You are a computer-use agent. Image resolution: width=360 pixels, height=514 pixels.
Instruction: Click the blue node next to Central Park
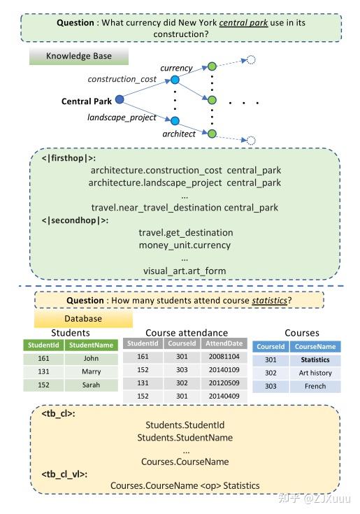click(120, 100)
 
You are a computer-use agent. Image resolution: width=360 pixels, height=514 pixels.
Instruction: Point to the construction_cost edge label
click(122, 79)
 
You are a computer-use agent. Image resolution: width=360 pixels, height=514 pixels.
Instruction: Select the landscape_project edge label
click(121, 117)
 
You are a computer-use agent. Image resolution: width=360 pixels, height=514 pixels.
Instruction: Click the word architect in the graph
click(179, 134)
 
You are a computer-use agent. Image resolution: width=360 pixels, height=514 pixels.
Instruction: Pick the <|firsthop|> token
click(70, 158)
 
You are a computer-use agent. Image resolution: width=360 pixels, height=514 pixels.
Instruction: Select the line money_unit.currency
click(185, 245)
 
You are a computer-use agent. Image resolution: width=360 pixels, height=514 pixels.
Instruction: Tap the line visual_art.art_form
click(185, 271)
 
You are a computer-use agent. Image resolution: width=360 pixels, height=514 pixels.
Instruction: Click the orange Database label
click(83, 319)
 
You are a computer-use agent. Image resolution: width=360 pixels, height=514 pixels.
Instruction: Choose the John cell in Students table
click(91, 359)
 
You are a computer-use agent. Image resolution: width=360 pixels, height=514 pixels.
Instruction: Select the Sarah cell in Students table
click(91, 385)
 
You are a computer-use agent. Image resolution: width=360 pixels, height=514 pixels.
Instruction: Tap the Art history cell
click(315, 373)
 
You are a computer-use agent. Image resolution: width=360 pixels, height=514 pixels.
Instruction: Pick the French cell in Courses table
click(315, 386)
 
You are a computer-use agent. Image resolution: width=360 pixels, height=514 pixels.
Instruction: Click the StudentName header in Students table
click(91, 345)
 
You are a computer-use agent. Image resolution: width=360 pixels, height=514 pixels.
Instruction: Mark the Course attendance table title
click(186, 333)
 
